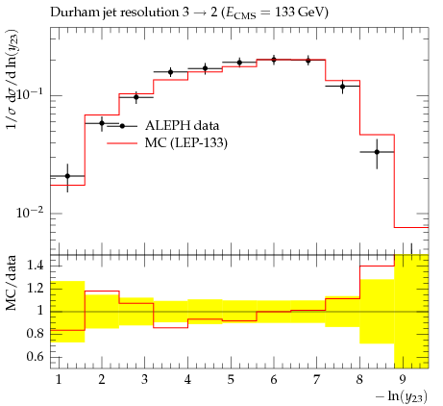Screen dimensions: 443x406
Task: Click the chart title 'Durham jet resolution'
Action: pyautogui.click(x=112, y=13)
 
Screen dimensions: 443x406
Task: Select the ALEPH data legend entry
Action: pyautogui.click(x=163, y=125)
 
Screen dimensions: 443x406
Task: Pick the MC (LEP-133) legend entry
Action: pyautogui.click(x=167, y=142)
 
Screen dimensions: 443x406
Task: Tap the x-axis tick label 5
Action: pyautogui.click(x=231, y=380)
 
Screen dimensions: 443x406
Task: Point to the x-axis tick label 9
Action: pyautogui.click(x=403, y=380)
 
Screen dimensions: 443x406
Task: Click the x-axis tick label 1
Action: pyautogui.click(x=59, y=380)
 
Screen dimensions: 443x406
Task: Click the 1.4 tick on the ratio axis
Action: pyautogui.click(x=36, y=266)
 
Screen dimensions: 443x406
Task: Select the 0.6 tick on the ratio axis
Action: pyautogui.click(x=36, y=357)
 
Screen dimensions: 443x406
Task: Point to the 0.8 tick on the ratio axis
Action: pyautogui.click(x=36, y=334)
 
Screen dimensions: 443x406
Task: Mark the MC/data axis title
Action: pyautogui.click(x=12, y=283)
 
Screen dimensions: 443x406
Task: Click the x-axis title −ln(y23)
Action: pyautogui.click(x=402, y=396)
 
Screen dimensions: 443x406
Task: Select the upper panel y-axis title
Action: pyautogui.click(x=12, y=80)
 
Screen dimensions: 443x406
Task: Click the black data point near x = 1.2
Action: pyautogui.click(x=67, y=176)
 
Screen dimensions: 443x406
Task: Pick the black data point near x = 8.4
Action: pyautogui.click(x=377, y=152)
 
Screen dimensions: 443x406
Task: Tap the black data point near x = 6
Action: pyautogui.click(x=274, y=60)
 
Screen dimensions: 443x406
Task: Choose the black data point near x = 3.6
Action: pyautogui.click(x=171, y=72)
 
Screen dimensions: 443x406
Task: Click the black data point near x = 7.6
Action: pyautogui.click(x=343, y=87)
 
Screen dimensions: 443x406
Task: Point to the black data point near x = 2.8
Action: pyautogui.click(x=136, y=97)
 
